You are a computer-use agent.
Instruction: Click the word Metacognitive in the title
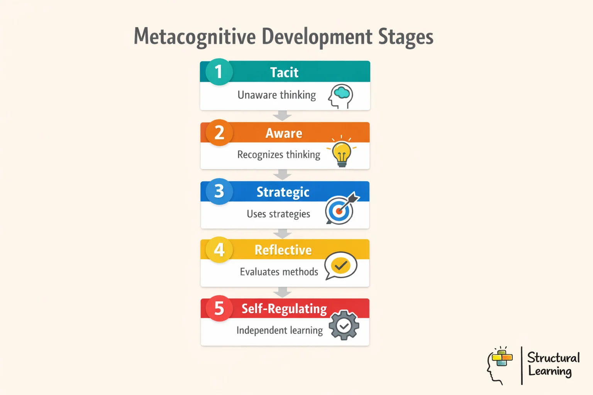(x=195, y=37)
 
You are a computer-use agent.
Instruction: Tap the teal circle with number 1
(x=219, y=72)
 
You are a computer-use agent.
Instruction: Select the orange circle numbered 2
(x=219, y=133)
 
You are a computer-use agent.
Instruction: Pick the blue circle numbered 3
(x=219, y=191)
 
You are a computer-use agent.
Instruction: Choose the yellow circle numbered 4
(x=219, y=250)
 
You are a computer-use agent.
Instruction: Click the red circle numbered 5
(x=219, y=309)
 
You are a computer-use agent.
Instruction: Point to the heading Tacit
(x=284, y=73)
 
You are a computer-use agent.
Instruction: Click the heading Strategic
(x=283, y=192)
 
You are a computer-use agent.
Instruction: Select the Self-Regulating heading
(x=284, y=309)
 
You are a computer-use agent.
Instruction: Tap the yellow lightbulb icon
(x=342, y=153)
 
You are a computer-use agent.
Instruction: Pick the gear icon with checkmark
(x=344, y=326)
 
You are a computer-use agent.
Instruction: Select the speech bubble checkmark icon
(x=341, y=265)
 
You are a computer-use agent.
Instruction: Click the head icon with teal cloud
(x=341, y=96)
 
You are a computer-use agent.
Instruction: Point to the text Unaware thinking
(x=276, y=95)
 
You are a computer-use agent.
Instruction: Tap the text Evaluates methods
(x=279, y=272)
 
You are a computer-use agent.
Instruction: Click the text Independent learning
(x=280, y=331)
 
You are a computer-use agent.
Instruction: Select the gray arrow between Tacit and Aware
(x=283, y=115)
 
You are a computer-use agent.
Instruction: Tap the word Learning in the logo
(x=550, y=371)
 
